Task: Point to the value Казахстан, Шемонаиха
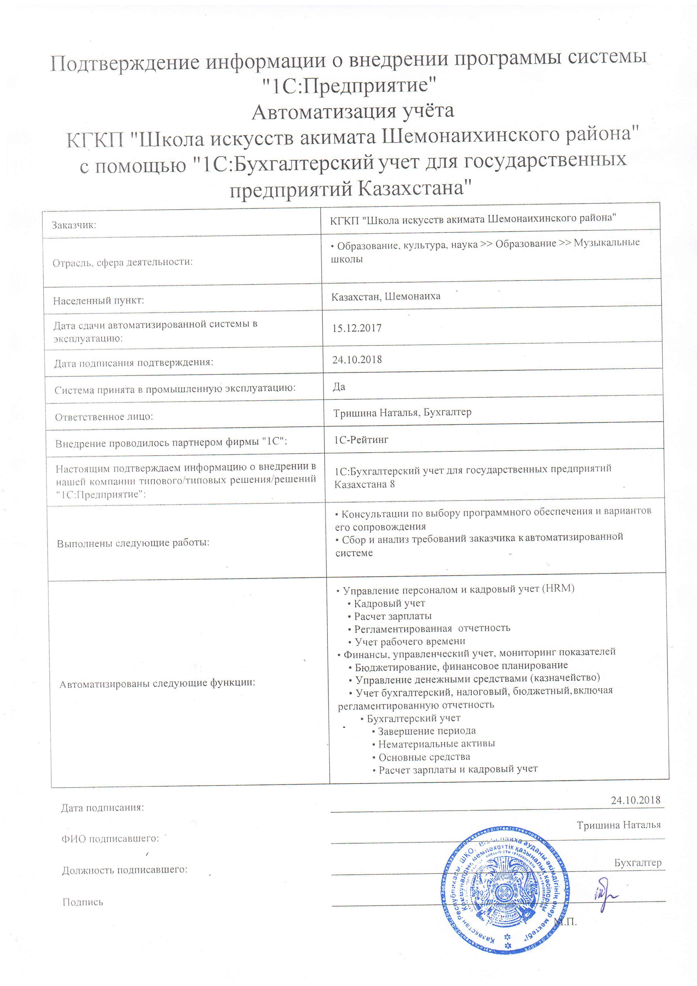click(x=386, y=296)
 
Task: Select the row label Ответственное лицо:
click(x=104, y=417)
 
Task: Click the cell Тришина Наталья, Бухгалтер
click(x=402, y=412)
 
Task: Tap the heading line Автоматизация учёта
click(x=353, y=112)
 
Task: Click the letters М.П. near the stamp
click(x=565, y=922)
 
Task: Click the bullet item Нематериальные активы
click(x=436, y=744)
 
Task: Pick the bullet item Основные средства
click(x=424, y=757)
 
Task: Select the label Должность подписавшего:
click(x=125, y=870)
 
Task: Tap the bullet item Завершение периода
click(x=426, y=731)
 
